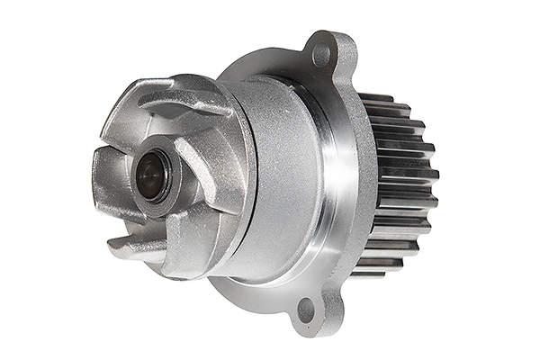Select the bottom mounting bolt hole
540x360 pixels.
[306, 310]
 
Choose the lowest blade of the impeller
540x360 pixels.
[135, 245]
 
